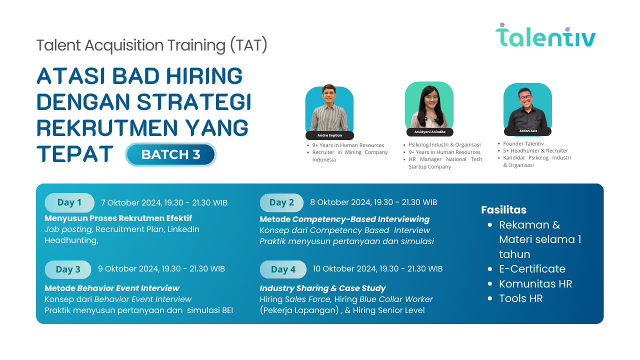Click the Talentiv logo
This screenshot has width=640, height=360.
(x=545, y=35)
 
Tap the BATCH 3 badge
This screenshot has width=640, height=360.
(x=170, y=154)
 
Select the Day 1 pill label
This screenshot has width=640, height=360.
(x=69, y=202)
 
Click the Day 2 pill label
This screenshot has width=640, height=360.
(x=281, y=202)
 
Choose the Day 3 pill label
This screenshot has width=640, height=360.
(x=68, y=269)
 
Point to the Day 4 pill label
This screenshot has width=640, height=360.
(x=283, y=269)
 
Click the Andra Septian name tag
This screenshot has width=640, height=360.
(x=329, y=135)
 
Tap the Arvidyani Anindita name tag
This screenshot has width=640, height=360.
(x=429, y=132)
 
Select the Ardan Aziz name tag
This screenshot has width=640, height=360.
(x=527, y=131)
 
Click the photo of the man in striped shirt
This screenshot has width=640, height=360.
(x=329, y=108)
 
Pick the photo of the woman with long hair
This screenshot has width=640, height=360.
(x=429, y=105)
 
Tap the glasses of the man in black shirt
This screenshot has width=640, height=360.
(x=525, y=97)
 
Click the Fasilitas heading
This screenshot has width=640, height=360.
(x=503, y=209)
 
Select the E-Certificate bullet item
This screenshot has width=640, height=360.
(x=532, y=269)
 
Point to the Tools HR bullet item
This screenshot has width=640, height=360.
(x=520, y=298)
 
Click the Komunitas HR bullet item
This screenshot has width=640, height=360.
(x=535, y=284)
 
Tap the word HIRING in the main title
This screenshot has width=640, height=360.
(x=204, y=76)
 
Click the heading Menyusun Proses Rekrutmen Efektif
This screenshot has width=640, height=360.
(x=118, y=218)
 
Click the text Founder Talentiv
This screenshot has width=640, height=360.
(x=523, y=143)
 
